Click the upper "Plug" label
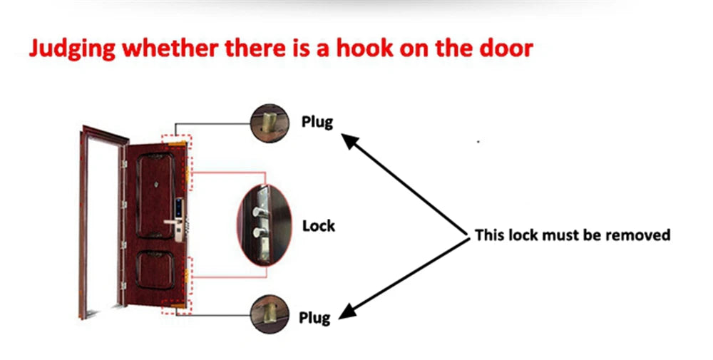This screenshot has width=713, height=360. [x=317, y=121]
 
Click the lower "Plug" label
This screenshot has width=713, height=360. [x=314, y=317]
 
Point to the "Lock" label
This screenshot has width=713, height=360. [x=318, y=226]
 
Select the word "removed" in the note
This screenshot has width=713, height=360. [x=635, y=235]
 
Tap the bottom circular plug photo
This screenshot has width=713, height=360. [x=270, y=312]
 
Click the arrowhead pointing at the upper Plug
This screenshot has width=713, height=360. [x=347, y=139]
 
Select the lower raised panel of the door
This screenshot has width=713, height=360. [x=161, y=275]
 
